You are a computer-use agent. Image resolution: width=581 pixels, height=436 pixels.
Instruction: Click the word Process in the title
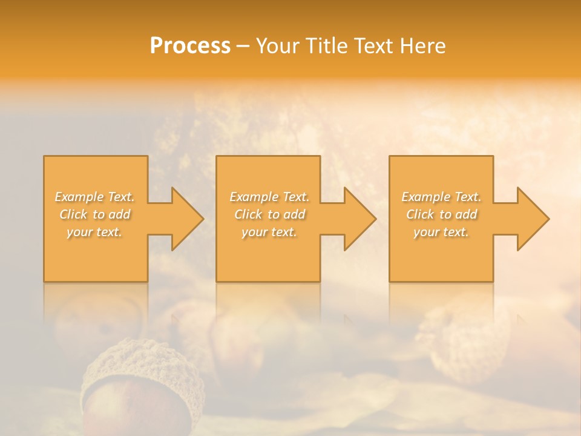point(190,46)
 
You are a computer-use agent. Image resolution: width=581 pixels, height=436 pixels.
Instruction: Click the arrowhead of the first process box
point(185,219)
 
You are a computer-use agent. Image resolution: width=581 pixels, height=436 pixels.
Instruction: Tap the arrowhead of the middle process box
point(357,219)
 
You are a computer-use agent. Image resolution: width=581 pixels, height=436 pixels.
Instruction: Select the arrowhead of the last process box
point(530,219)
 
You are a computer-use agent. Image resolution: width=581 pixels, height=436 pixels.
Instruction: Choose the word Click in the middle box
point(248,214)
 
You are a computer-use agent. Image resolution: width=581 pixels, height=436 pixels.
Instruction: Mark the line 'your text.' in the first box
point(94,232)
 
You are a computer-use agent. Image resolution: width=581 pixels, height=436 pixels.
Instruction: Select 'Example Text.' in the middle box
point(269,197)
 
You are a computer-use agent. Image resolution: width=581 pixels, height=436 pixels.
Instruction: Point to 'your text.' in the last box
point(441,232)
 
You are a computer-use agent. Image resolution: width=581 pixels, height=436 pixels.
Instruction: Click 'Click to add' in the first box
point(95,214)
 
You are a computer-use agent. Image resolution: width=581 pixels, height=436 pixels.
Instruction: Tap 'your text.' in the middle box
point(269,232)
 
